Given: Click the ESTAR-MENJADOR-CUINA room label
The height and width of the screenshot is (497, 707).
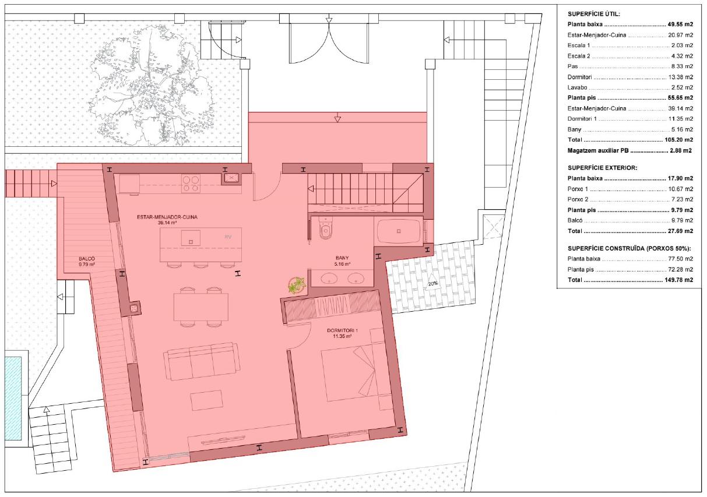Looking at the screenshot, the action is coord(167,217).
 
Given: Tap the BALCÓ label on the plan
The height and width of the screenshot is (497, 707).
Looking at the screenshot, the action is coord(87,259).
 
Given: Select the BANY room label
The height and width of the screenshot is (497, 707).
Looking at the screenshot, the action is coord(342,258).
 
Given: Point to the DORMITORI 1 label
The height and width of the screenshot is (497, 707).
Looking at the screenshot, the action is coord(343,330).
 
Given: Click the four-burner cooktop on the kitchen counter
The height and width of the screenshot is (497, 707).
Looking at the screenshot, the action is coord(191,184).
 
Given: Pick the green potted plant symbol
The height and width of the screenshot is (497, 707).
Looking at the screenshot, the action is coord(296,285).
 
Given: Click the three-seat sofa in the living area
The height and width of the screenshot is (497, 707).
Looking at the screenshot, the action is coord(201,361).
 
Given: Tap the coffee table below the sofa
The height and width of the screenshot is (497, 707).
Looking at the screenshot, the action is coord(207,401).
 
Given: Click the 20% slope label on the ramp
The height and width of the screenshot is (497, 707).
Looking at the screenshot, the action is coord(432,284).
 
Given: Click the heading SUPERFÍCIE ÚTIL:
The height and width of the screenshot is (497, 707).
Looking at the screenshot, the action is coord(594,14).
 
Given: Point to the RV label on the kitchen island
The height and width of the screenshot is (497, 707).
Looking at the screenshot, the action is coord(228,237).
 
